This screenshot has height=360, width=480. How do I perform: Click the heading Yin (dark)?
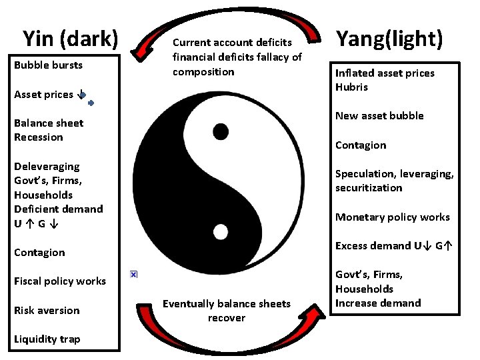tap(70, 39)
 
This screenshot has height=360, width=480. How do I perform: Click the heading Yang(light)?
tap(389, 39)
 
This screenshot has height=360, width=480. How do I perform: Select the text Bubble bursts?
tap(48, 65)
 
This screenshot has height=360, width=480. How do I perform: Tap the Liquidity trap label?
tap(47, 339)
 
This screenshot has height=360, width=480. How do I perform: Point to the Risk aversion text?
tap(47, 311)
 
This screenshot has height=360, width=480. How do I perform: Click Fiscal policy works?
tap(60, 281)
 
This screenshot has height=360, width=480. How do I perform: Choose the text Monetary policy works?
tap(392, 217)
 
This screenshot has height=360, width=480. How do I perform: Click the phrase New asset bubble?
tap(379, 116)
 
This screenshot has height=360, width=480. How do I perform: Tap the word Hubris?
tap(351, 87)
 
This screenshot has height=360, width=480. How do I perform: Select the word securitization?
tap(369, 188)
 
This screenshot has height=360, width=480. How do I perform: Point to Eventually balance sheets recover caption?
tap(227, 311)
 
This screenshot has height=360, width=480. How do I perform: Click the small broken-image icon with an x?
tap(133, 274)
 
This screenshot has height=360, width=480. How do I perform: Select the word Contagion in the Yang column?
tap(361, 145)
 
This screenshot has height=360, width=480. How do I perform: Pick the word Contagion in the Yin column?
tap(39, 253)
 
